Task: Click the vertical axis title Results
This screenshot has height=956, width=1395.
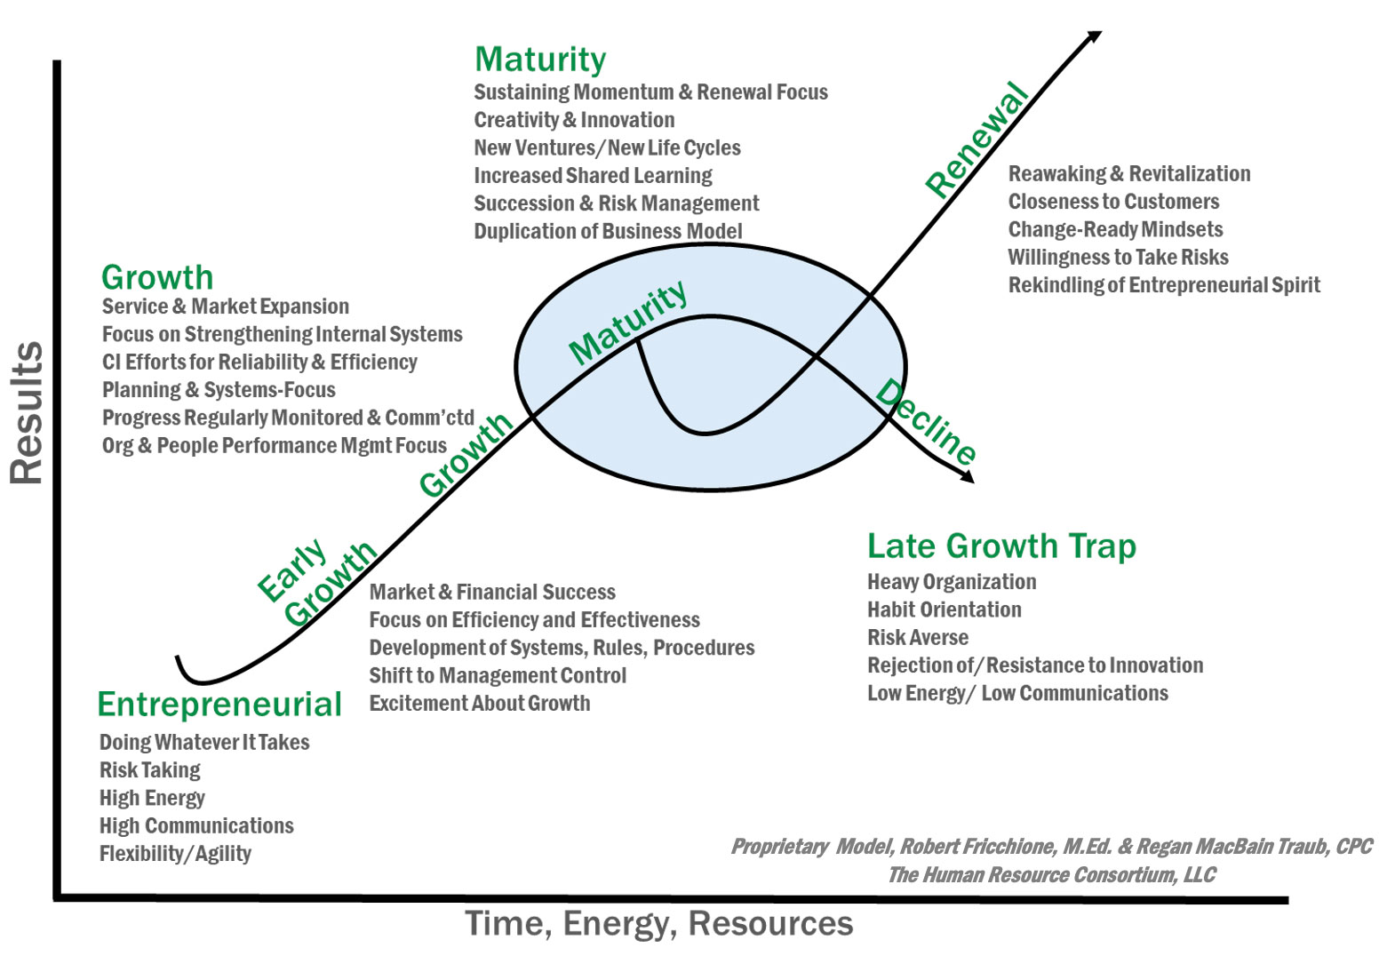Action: [x=27, y=413]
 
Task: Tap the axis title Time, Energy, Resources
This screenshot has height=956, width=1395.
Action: [x=658, y=924]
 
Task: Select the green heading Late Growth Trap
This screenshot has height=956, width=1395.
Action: [x=1001, y=546]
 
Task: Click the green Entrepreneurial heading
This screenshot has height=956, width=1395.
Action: [x=219, y=705]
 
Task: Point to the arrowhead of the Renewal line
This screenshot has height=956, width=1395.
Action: [x=1095, y=36]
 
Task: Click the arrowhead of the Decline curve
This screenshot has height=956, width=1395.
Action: [x=968, y=478]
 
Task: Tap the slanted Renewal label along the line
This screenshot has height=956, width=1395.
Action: [x=976, y=139]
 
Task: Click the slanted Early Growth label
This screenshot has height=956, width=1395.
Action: [x=316, y=582]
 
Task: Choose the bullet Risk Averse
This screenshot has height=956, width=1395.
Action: [x=918, y=638]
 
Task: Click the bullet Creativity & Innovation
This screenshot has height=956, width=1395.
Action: [x=574, y=120]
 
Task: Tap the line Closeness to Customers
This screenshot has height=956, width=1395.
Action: [x=1113, y=202]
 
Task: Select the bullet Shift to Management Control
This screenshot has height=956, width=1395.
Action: [x=498, y=675]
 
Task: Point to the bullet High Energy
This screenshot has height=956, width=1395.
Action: [x=152, y=798]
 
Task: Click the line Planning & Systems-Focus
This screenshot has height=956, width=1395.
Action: [x=219, y=390]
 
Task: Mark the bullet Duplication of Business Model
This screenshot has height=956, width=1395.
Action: [x=608, y=231]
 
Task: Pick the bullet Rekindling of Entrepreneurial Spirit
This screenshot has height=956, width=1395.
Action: [x=1164, y=285]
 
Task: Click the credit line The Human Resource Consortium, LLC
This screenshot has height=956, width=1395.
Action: [x=1051, y=875]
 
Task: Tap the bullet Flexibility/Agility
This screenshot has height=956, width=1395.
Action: [x=175, y=854]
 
